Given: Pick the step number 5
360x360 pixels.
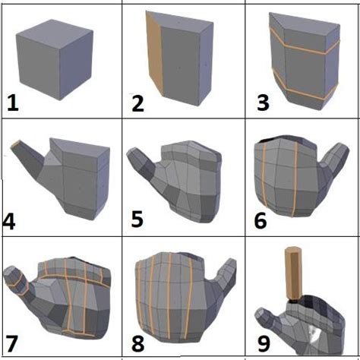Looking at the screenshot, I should [137, 221].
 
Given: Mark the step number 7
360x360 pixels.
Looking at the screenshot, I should [14, 342].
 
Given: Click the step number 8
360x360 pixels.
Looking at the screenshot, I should [137, 342].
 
